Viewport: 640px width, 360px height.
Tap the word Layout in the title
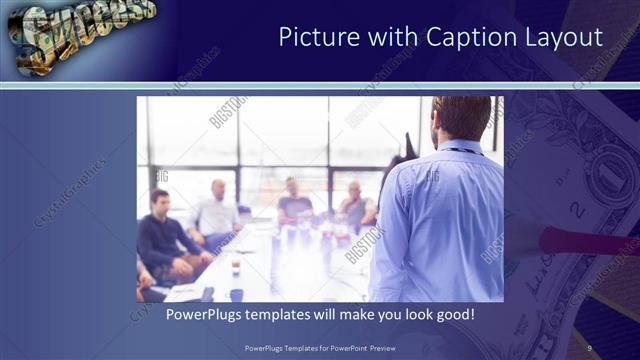point(566,38)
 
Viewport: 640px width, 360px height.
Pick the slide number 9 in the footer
point(589,348)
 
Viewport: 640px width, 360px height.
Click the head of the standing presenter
point(462,118)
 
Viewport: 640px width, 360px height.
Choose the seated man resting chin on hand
point(355,205)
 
